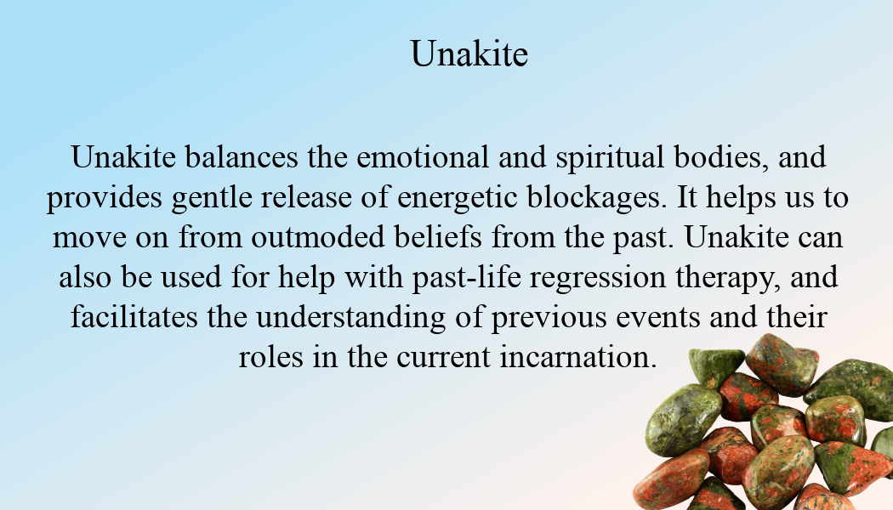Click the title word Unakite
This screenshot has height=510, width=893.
coord(469,54)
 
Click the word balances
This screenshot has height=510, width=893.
coord(242,156)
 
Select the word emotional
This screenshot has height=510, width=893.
coord(423,157)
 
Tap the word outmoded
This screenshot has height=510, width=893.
coord(318,237)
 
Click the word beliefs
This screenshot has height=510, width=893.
coord(438,237)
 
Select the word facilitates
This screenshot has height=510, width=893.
coord(134,317)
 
